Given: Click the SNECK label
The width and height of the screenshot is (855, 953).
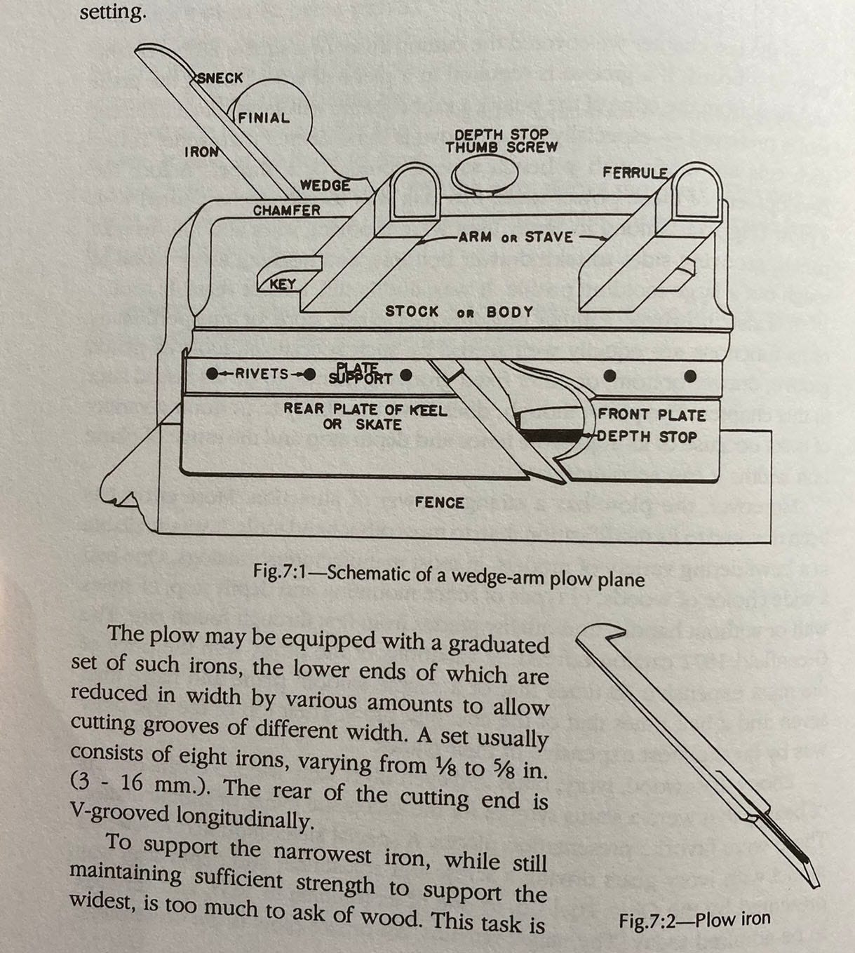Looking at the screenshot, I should (220, 78).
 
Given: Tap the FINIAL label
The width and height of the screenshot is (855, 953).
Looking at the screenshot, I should (264, 118).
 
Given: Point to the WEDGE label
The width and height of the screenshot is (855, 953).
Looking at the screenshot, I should (325, 185).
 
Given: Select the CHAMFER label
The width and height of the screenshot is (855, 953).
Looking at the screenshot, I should (287, 210).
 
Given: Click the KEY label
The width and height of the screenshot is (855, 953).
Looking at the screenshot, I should (283, 284).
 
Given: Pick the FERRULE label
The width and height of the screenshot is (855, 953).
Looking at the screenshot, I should (635, 173).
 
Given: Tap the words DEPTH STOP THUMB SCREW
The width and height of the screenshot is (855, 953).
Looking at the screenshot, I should (501, 141).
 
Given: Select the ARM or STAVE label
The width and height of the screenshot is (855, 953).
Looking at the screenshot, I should (516, 237).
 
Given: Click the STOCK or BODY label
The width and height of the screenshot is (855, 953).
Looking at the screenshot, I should (459, 311).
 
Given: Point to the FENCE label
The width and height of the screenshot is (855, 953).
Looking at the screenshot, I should (439, 502).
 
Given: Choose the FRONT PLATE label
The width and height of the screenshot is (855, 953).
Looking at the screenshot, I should (652, 415).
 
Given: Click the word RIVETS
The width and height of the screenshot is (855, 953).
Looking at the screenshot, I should (262, 374).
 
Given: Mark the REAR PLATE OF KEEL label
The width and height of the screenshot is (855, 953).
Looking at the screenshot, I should (365, 410).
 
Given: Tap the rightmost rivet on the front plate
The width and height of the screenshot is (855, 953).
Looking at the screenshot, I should (690, 376).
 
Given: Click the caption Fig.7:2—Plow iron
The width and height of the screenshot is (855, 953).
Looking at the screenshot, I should (694, 919).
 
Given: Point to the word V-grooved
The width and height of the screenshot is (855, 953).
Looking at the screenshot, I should (120, 815).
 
